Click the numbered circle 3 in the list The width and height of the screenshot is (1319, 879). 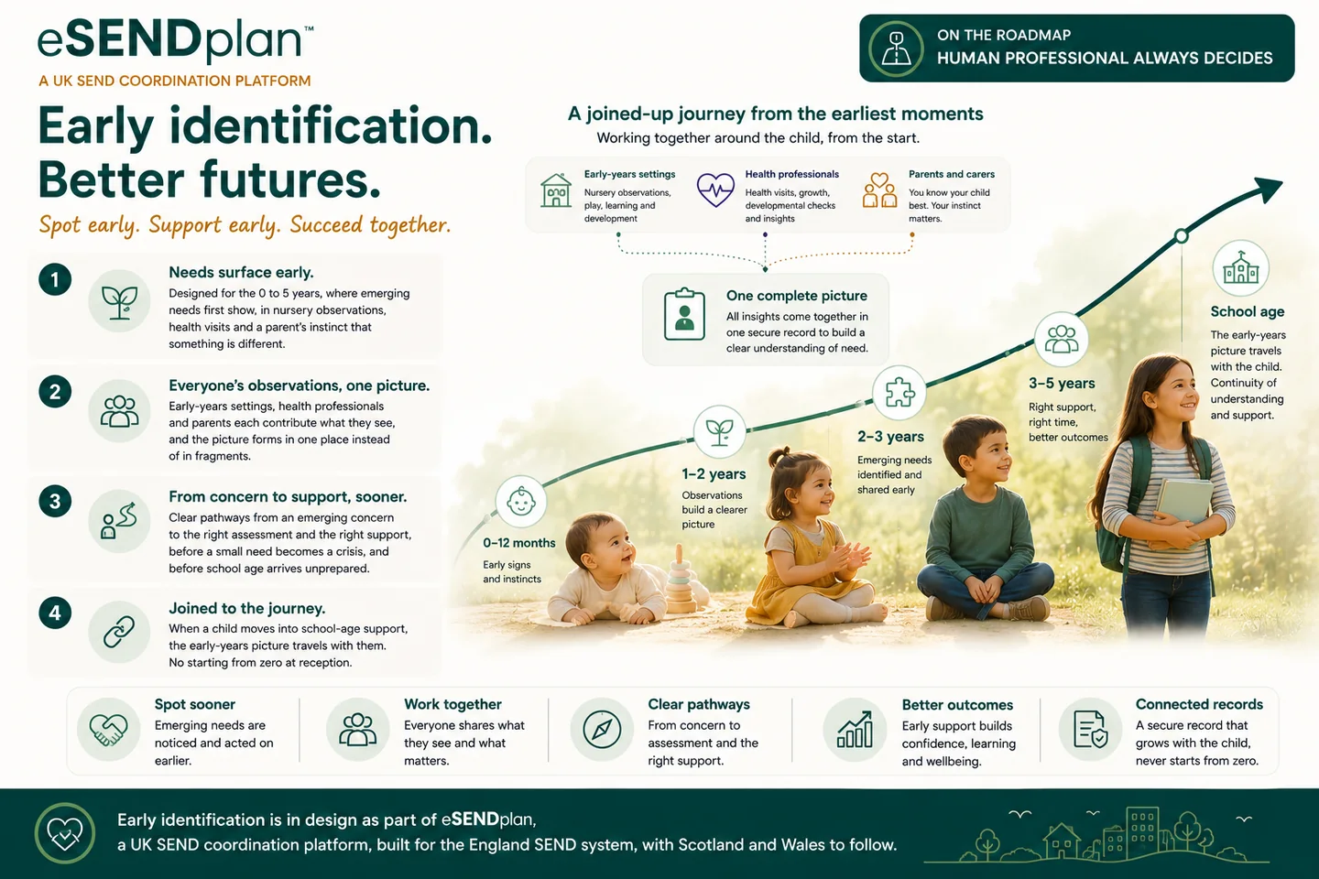click(55, 501)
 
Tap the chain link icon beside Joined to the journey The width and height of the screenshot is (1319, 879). click(119, 632)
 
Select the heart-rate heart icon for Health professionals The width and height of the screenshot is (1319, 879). click(715, 190)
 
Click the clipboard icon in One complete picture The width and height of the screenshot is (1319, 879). click(684, 314)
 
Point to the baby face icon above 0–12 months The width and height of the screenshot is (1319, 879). click(521, 502)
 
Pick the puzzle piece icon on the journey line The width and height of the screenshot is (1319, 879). click(899, 392)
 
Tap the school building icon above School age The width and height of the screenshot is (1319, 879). click(1240, 268)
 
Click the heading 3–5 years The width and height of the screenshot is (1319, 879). click(1062, 384)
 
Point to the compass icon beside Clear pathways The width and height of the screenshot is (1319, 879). click(602, 730)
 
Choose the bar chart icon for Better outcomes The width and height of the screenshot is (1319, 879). click(855, 730)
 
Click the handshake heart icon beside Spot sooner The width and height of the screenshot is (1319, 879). click(108, 730)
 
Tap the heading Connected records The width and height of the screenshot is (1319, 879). click(1199, 704)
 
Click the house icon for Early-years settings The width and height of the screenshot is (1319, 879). click(556, 190)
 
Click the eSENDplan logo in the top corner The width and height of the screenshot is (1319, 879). click(176, 40)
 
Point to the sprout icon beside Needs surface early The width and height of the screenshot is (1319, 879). click(119, 302)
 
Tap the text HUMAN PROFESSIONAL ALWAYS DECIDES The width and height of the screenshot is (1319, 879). click(1105, 59)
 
